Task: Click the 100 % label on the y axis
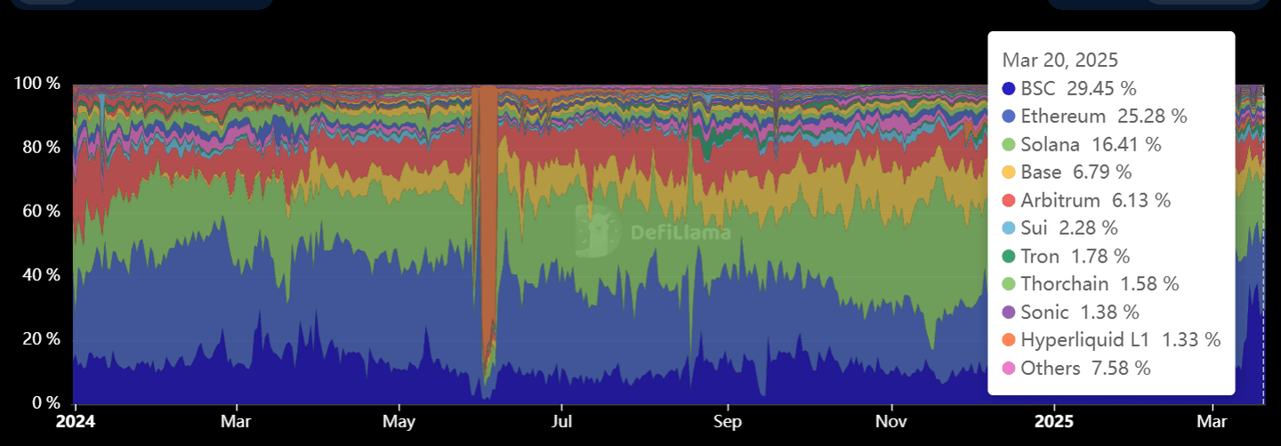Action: coord(36,84)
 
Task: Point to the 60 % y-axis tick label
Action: coord(40,211)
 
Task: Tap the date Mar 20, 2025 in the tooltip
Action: coord(1059,61)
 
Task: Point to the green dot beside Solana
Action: coord(1009,144)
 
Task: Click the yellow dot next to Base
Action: coord(1009,172)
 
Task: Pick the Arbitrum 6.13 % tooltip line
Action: coord(1096,200)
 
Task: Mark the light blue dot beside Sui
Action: coord(1009,228)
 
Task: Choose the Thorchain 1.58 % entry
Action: coord(1100,284)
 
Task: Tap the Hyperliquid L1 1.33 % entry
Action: coord(1120,340)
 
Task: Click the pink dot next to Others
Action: coord(1009,368)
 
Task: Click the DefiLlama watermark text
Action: coord(681,233)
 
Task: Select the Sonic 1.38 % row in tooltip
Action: coord(1080,312)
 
